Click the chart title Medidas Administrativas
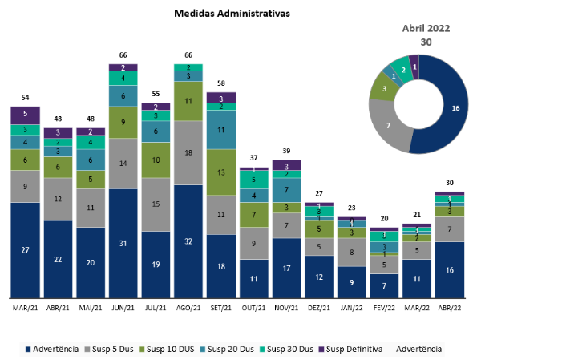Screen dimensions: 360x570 pos(232,14)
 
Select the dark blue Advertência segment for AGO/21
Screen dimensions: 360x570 pos(188,241)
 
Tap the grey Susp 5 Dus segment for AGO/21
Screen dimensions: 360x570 pos(188,152)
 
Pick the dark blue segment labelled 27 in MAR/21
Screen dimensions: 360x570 pos(25,250)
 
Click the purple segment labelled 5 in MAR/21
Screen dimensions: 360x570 pos(25,114)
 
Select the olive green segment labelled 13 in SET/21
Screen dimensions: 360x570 pos(221,172)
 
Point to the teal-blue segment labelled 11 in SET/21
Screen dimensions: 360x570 pos(221,129)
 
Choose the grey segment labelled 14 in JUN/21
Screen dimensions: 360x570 pos(123,163)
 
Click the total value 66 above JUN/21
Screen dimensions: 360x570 pos(123,55)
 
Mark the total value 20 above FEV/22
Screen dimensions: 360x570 pos(385,219)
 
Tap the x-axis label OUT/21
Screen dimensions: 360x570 pos(254,307)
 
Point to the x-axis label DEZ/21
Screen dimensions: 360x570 pos(319,307)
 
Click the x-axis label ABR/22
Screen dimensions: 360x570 pos(451,307)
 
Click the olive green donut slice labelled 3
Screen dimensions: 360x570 pos(383,89)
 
